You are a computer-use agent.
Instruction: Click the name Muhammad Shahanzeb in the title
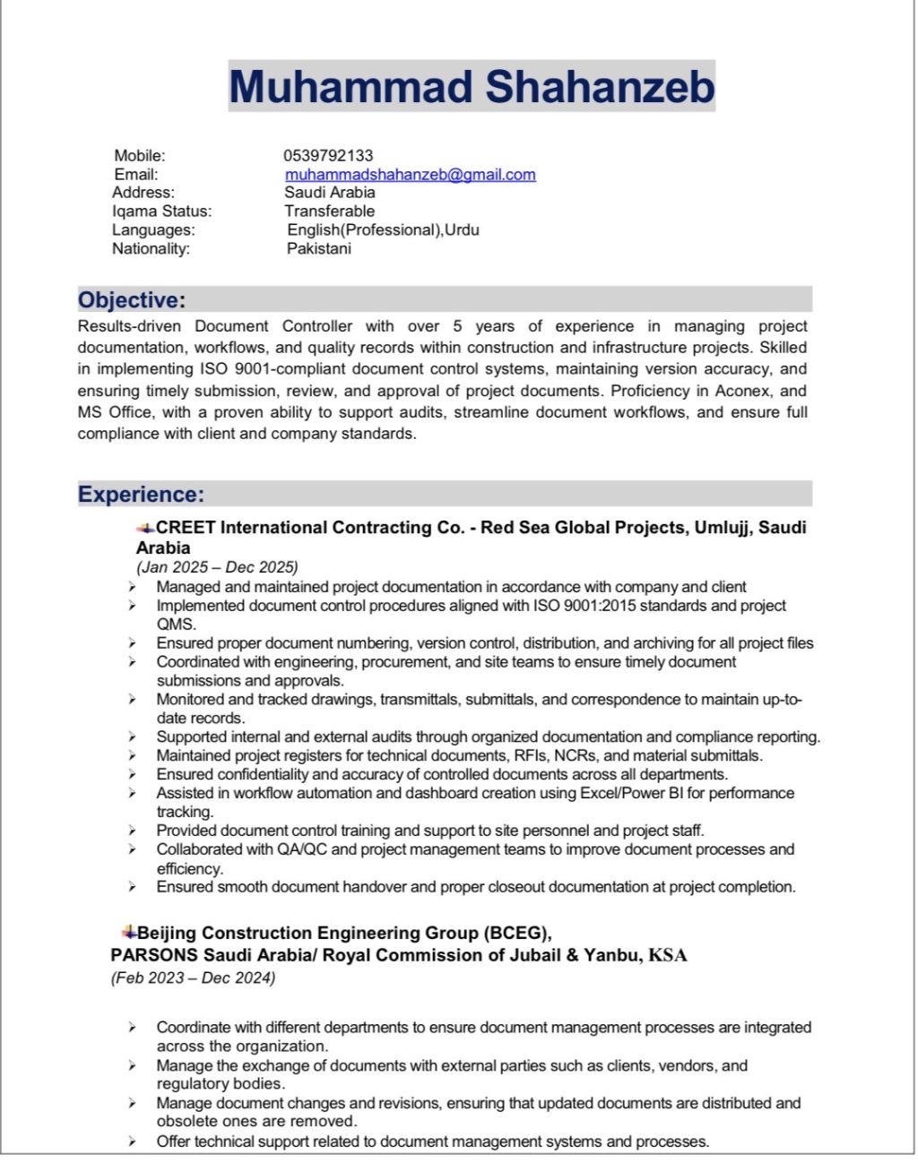coord(472,87)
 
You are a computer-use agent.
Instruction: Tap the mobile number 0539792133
coord(328,156)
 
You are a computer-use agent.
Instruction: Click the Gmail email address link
coord(410,175)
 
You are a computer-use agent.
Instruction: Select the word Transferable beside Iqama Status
coord(329,211)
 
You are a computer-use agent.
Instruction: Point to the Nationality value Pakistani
coord(318,248)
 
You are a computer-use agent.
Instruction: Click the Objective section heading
coord(132,300)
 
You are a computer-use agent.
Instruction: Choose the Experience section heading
coord(141,495)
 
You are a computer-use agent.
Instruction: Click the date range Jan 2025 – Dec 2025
coord(217,567)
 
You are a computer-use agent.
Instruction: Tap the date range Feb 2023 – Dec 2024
coord(193,978)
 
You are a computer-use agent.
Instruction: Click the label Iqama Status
coord(161,211)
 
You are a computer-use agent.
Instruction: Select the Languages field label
coord(153,230)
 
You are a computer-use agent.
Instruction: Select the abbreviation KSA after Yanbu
coord(668,955)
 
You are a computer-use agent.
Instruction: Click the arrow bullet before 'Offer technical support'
coord(132,1141)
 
